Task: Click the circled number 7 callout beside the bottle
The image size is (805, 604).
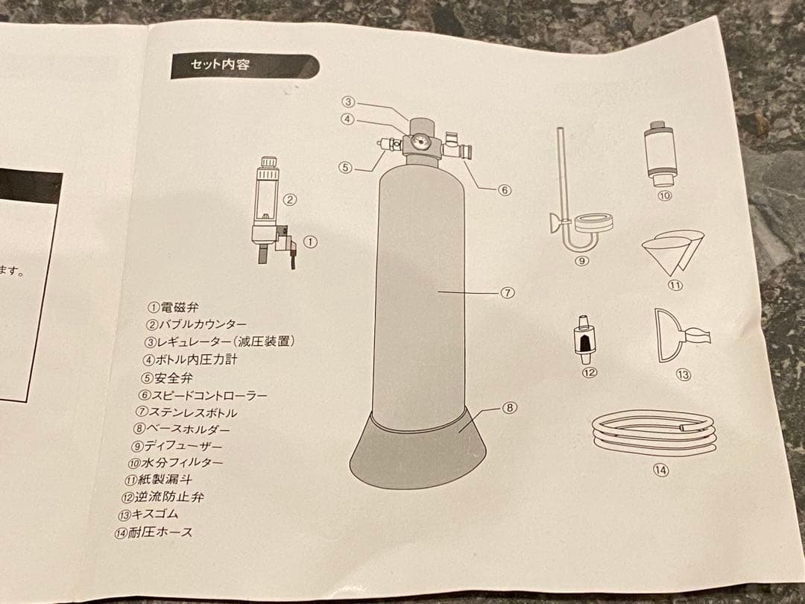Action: [x=507, y=293]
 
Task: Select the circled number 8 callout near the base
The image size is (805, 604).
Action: [x=509, y=408]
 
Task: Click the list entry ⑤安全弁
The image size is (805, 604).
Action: [x=166, y=377]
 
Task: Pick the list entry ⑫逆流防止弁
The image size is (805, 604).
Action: [x=162, y=497]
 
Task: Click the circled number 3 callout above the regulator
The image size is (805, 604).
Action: [x=348, y=102]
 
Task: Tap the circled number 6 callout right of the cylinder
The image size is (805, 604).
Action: [x=505, y=189]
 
